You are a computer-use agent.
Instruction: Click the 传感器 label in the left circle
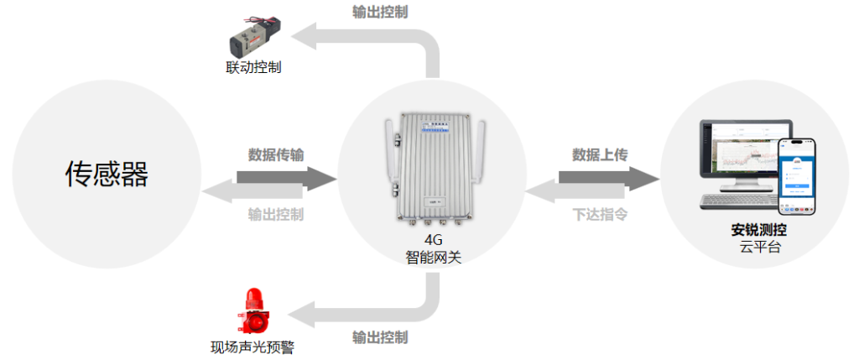tap(107, 174)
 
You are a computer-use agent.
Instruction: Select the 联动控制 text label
tap(253, 67)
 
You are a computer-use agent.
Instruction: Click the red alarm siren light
tap(252, 311)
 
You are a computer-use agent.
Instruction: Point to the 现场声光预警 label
tap(252, 347)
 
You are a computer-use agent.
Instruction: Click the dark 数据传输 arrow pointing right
tap(285, 177)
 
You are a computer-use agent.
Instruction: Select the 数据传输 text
tap(276, 154)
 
